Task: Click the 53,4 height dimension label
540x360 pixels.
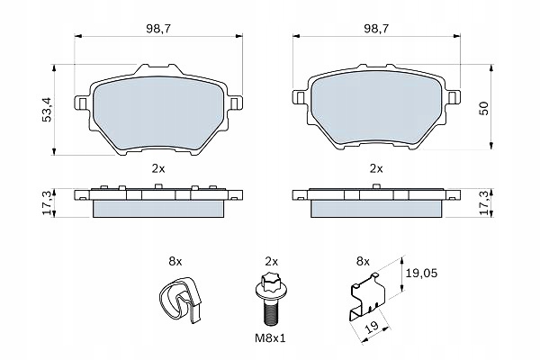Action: click(47, 110)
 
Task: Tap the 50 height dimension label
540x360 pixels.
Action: click(484, 108)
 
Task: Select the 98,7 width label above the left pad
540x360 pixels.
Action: click(158, 29)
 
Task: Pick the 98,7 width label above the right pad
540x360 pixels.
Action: click(376, 29)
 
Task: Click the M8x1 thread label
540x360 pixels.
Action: click(270, 338)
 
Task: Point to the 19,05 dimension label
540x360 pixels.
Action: click(421, 274)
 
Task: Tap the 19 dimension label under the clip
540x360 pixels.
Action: click(372, 326)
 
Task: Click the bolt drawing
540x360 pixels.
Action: click(270, 298)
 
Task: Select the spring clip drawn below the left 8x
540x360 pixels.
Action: click(180, 300)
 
